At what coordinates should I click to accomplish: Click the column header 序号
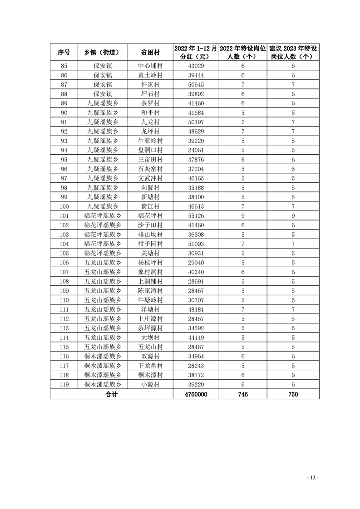[64, 52]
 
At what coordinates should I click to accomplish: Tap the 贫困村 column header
[150, 52]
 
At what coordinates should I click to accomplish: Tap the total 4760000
[196, 395]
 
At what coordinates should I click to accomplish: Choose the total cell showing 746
[243, 395]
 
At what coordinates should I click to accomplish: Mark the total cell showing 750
[293, 395]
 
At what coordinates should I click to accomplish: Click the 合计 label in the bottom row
[111, 395]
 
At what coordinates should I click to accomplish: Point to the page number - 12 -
[313, 478]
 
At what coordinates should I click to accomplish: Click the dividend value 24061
[196, 150]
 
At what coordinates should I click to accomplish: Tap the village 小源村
[150, 384]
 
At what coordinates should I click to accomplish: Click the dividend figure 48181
[196, 309]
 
